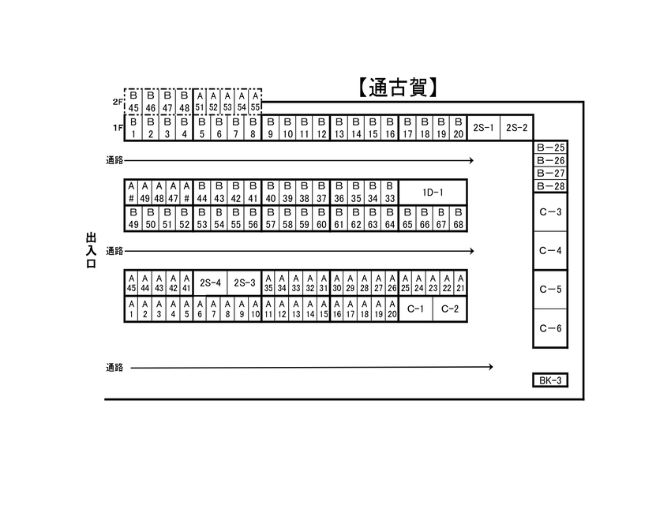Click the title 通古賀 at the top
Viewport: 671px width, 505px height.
coord(398,88)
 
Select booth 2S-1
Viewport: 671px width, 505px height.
coord(484,127)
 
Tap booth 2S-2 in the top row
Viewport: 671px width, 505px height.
coord(516,127)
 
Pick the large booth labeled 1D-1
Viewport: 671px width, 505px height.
coord(433,193)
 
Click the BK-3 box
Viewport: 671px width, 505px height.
coord(550,380)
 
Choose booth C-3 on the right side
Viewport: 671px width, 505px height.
coord(550,212)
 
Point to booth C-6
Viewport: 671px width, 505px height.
coord(550,328)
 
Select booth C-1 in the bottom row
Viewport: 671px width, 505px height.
coord(415,309)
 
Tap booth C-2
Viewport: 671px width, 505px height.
coord(450,309)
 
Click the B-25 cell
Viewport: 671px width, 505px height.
coord(550,148)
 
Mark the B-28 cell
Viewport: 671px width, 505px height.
coord(550,186)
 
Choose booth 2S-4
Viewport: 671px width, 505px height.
coord(210,282)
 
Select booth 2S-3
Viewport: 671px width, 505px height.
coord(245,282)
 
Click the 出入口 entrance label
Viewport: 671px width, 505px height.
coord(91,251)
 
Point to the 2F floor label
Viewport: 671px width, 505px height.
coord(118,102)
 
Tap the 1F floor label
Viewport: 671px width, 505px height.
coord(118,127)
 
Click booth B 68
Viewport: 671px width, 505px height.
coord(459,219)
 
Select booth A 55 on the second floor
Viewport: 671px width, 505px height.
coord(256,102)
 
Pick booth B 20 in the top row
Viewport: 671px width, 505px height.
coord(459,127)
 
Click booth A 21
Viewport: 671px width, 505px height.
coord(460,282)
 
